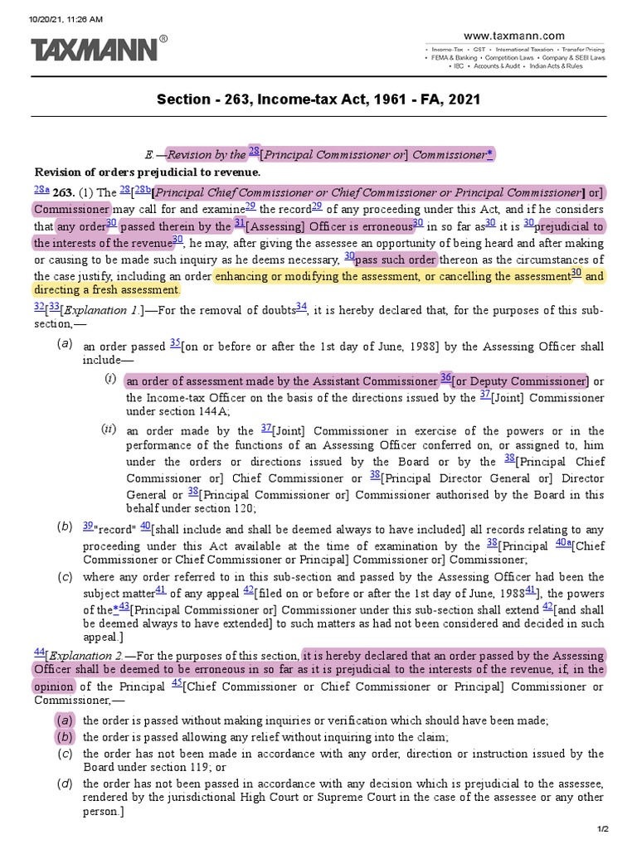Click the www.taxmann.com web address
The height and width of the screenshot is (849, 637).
(x=513, y=36)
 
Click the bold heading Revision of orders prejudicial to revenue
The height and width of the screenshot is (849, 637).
(x=147, y=172)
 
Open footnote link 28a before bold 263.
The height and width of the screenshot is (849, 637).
(x=41, y=190)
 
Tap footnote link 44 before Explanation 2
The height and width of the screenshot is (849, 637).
(x=39, y=651)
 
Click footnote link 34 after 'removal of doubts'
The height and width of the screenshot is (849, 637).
(x=301, y=307)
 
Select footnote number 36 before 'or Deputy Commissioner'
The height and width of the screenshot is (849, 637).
(x=445, y=378)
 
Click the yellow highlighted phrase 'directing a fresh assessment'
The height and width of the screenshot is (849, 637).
(x=106, y=290)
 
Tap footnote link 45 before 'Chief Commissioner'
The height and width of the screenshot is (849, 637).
(x=177, y=684)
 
